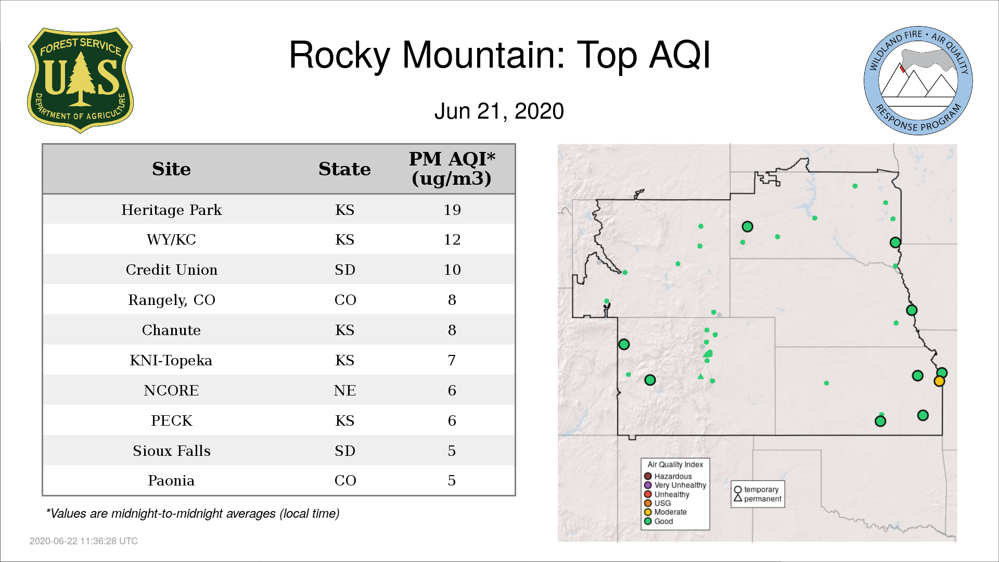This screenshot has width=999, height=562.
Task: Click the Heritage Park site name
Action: (171, 210)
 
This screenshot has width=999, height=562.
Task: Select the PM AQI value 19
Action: (452, 210)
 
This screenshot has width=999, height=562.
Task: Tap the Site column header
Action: (171, 169)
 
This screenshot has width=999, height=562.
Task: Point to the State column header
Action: (344, 169)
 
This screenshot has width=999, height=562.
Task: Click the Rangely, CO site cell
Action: (171, 300)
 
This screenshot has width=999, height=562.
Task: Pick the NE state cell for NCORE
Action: (344, 390)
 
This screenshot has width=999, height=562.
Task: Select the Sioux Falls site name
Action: (171, 451)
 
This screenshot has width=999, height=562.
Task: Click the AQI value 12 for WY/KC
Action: (452, 239)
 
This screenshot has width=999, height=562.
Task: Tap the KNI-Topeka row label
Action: (171, 361)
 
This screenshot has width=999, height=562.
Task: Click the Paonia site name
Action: (171, 480)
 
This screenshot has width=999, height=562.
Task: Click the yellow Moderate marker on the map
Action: (939, 381)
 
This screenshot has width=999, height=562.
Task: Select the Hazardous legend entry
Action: (668, 476)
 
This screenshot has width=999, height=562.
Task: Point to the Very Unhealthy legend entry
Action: (675, 485)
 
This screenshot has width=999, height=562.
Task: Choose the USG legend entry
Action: (658, 503)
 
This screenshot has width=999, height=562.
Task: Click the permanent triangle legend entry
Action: (758, 499)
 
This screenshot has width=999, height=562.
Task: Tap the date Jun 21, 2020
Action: (499, 111)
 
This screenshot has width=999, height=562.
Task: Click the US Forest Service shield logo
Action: (80, 80)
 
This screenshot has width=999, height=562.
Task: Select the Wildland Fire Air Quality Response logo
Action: (918, 81)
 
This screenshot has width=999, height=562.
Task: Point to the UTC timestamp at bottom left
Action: (84, 541)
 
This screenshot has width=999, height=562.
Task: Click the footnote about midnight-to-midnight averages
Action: (193, 514)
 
